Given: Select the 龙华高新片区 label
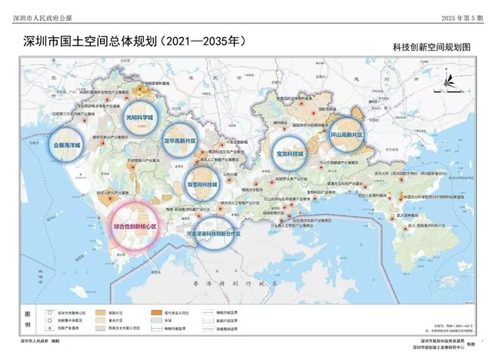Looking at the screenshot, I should click(x=179, y=141).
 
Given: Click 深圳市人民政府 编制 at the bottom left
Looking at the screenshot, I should click(x=38, y=341).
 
